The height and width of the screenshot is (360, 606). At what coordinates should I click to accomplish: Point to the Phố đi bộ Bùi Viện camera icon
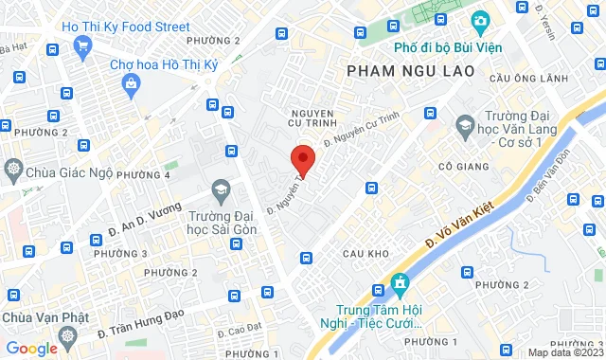[481, 21]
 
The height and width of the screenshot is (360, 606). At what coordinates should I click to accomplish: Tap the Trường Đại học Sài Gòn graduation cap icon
[222, 189]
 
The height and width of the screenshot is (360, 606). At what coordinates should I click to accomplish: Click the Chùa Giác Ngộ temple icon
[14, 170]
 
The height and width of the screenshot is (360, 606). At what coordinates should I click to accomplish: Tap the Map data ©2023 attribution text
[564, 352]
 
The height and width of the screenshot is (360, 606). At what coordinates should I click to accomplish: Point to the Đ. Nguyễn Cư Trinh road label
[357, 129]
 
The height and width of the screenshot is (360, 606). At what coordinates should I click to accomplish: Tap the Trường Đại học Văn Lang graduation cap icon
[465, 124]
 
